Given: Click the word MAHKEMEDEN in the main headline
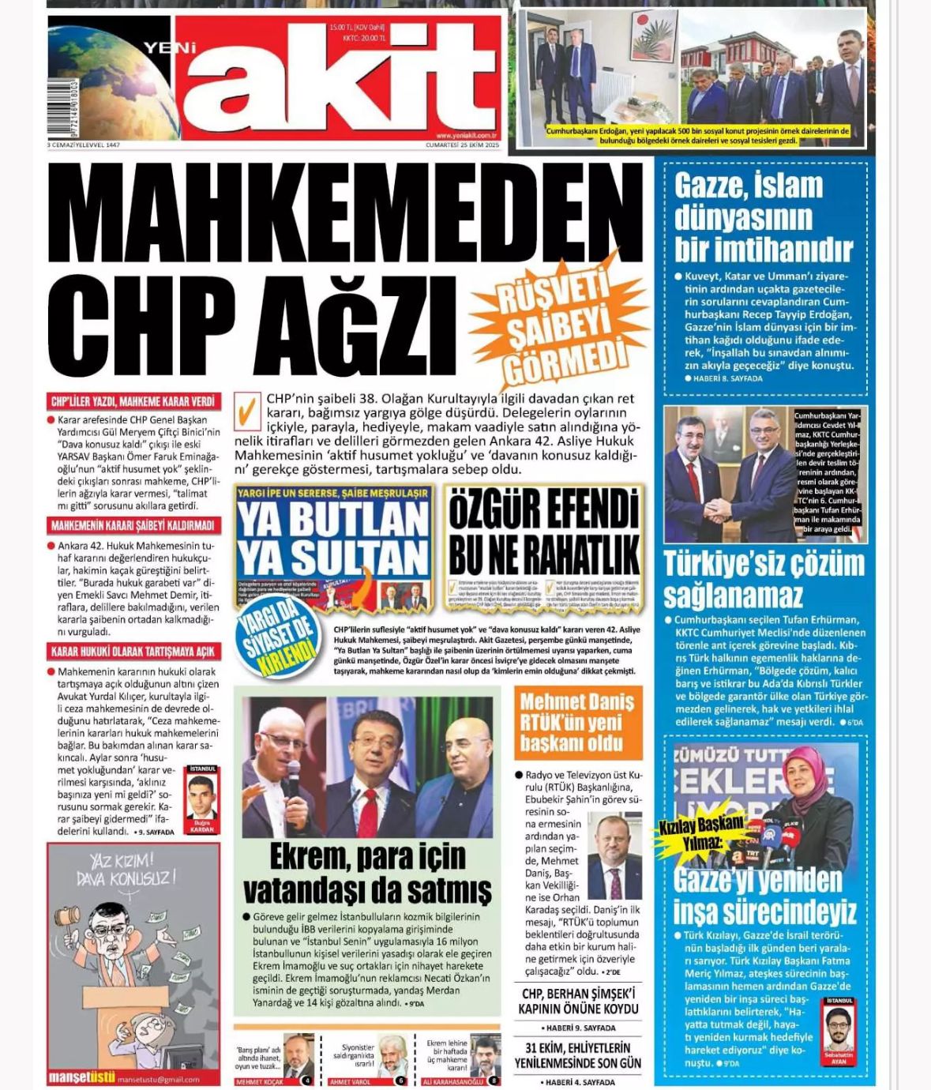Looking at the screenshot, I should click(346, 212).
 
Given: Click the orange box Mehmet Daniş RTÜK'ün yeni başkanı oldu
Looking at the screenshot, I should click(577, 722).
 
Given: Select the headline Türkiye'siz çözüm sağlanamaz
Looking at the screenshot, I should click(764, 578).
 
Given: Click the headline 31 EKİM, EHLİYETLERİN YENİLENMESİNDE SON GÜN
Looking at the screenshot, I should click(578, 1055).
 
